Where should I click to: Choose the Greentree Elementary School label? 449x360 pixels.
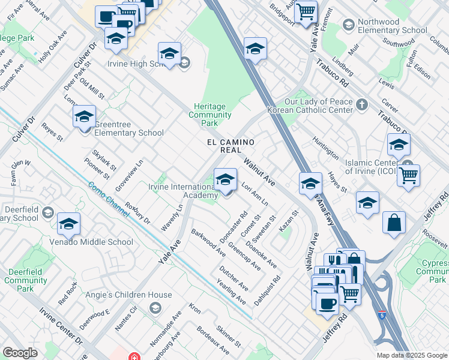(x=125, y=128)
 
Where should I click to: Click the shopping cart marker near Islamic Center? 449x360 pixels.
(x=408, y=175)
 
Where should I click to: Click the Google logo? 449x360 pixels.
(x=20, y=353)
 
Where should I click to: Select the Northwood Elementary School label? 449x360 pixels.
(x=392, y=26)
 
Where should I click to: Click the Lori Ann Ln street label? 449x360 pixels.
(x=255, y=196)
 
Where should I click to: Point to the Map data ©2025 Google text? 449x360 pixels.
(x=411, y=355)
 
